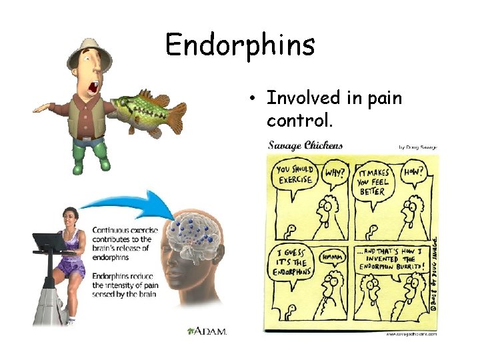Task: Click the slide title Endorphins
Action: pyautogui.click(x=239, y=45)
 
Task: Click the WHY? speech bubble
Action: pyautogui.click(x=335, y=173)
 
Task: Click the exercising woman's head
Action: pyautogui.click(x=69, y=216)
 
